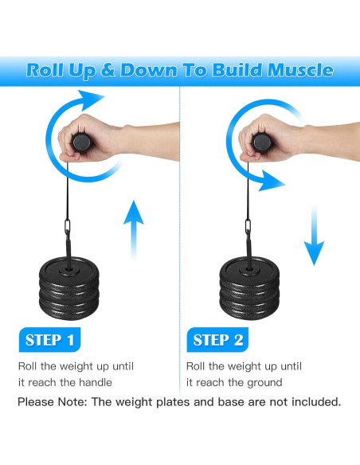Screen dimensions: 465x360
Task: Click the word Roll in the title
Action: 46,70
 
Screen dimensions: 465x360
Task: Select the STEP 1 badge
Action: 49,340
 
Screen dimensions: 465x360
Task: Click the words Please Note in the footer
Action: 50,402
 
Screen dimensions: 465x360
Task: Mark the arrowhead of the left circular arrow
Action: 92,103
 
